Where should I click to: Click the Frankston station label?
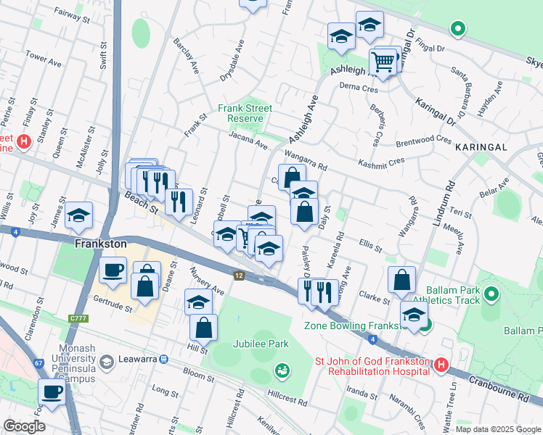pos(101,244)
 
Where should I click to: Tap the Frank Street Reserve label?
pos(245,113)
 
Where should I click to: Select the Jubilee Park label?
pos(261,344)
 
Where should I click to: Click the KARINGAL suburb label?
pos(480,146)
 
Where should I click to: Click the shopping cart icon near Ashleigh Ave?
pos(383,62)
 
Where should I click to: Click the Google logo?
pos(25,426)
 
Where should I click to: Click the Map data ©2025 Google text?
pos(498,429)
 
